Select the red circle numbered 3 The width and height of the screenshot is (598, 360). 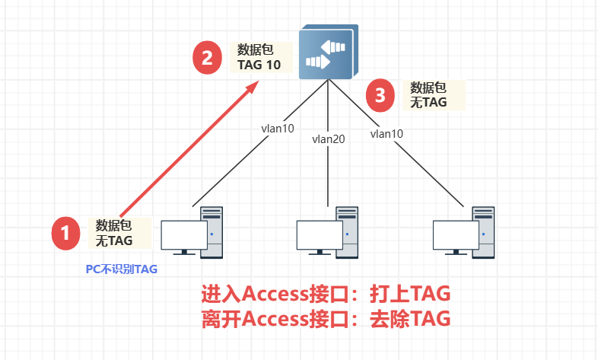(x=380, y=95)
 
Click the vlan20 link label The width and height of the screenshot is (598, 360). (x=328, y=139)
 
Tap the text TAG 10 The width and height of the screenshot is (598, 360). (x=259, y=65)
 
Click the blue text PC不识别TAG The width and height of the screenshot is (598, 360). (x=126, y=269)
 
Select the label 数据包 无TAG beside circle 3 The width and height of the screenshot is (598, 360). (x=428, y=94)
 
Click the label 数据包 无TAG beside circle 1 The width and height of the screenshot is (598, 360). (x=114, y=232)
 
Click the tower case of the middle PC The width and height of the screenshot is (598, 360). (x=346, y=231)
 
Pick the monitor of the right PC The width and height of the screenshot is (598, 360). (x=455, y=237)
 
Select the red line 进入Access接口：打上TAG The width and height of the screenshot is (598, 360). (x=326, y=294)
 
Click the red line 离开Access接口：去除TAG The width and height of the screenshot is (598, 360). (x=326, y=317)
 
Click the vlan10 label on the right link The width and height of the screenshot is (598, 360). (x=386, y=133)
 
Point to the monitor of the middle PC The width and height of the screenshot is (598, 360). (x=319, y=237)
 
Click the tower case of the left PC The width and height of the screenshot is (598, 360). (x=211, y=231)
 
